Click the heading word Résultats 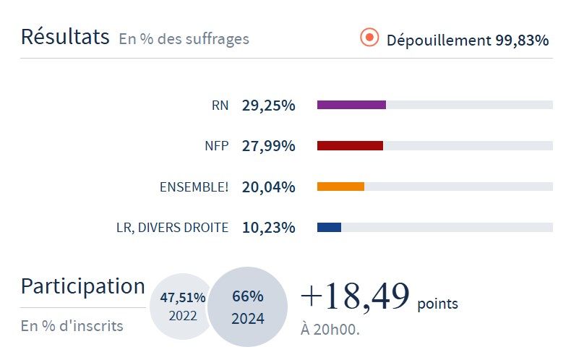coord(65,37)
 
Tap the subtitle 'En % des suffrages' coord(184,39)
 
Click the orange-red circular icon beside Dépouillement coord(369,38)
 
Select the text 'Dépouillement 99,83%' coord(467,40)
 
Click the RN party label coord(220,106)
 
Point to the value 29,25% coord(268,106)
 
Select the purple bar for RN coord(351,105)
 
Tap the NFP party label coord(216,146)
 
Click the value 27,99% coord(268,146)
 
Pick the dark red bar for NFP coord(350,146)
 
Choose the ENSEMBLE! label coord(194,187)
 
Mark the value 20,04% coord(268,187)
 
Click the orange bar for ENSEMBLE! coord(340,187)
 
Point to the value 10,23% coord(268,228)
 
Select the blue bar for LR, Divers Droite coord(329,228)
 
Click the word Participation coord(82,286)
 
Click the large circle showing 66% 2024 coord(248,307)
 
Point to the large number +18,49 coord(354,296)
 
